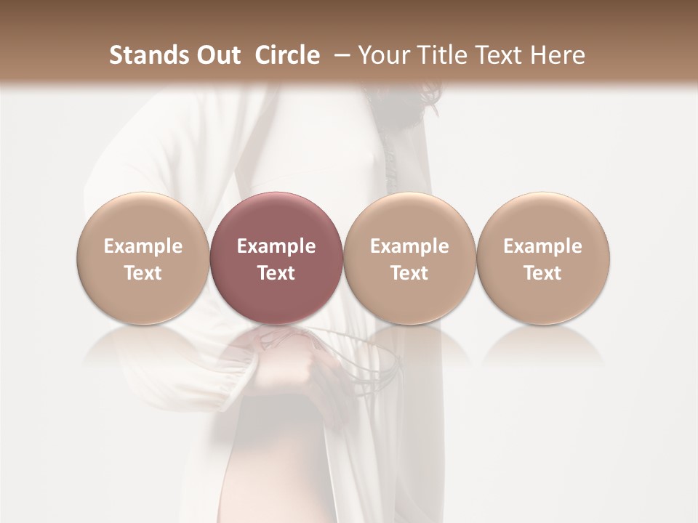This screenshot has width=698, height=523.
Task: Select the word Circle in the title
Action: pos(287,55)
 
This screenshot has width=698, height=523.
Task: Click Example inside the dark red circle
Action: pos(276,246)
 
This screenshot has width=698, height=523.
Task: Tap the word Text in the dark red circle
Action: pos(276,273)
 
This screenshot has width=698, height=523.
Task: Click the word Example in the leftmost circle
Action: pos(143,246)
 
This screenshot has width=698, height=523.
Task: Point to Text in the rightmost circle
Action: pos(543,273)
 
